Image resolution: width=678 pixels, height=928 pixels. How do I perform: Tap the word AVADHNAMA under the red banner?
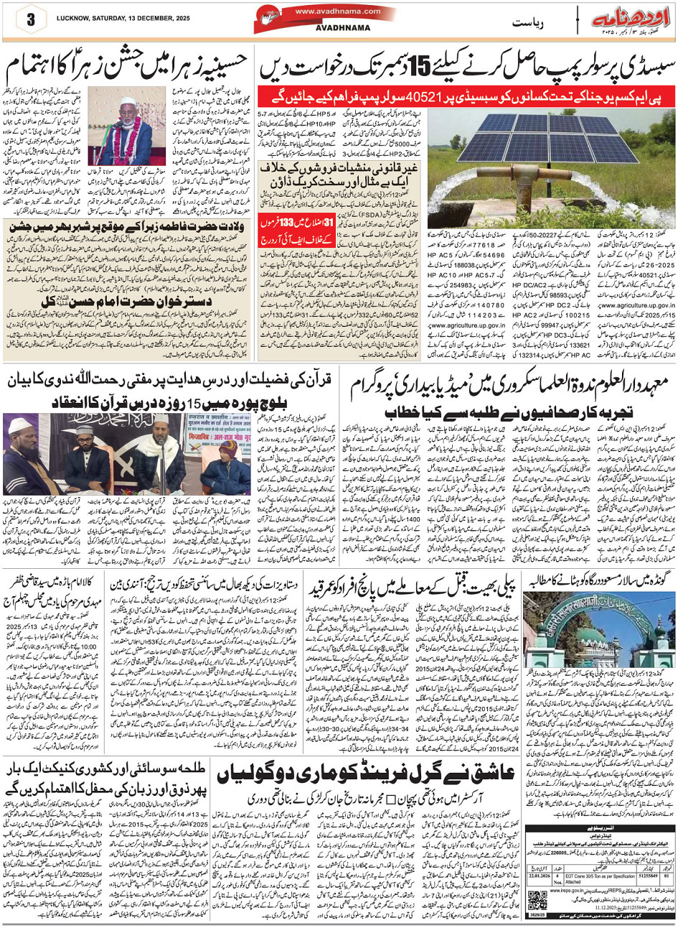point(336,31)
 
